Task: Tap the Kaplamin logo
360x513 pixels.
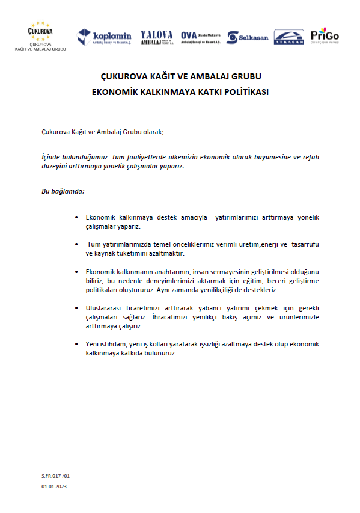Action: [105, 37]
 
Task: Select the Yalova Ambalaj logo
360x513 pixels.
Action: [156, 37]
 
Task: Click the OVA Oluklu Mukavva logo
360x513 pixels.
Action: [201, 37]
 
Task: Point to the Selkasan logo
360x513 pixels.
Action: [248, 37]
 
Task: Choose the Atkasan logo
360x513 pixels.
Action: [288, 37]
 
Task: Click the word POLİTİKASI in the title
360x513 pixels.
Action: [243, 93]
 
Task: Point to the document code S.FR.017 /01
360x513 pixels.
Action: [56, 475]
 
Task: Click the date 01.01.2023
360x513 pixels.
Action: [55, 486]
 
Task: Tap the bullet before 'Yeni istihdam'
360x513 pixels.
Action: [76, 344]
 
